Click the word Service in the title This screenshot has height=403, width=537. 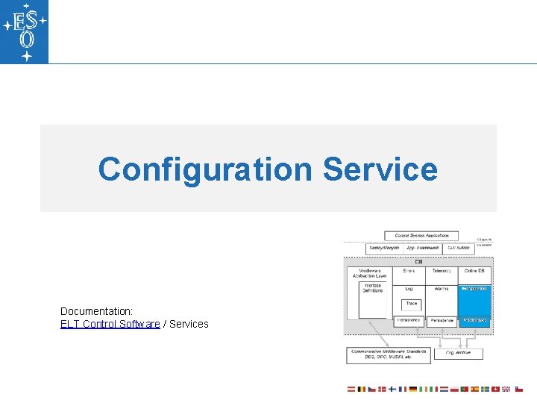pos(380,169)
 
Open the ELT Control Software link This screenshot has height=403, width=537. pos(110,324)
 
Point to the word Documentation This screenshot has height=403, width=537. pos(95,310)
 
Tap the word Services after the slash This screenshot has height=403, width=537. pos(189,324)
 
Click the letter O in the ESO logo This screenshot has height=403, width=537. pos(26,40)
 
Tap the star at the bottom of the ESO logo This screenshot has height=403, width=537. pos(27,56)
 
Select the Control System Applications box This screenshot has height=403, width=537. pos(421,236)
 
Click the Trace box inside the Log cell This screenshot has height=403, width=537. pos(411,304)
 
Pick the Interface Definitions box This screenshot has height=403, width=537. pos(372,288)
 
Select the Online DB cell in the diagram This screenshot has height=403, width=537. pos(475,271)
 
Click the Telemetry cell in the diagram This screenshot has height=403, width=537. pos(442,271)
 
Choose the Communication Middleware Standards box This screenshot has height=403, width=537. pos(389,354)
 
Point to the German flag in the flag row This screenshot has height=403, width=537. pos(412,390)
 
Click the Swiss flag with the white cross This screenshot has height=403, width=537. pos(495,390)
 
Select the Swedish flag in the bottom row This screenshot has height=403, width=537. pos(485,390)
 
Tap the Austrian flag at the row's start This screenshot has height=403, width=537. pos(351,390)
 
